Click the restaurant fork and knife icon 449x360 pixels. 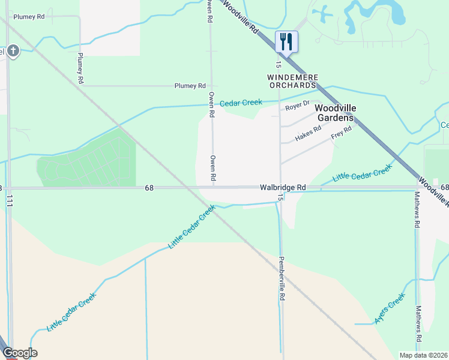tap(286, 41)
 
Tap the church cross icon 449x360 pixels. tap(13, 51)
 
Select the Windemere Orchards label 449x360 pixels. tap(292, 82)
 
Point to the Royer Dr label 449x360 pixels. tap(297, 106)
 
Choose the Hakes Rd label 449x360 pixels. tap(308, 134)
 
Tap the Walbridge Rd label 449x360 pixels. tap(283, 188)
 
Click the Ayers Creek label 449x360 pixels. tap(390, 308)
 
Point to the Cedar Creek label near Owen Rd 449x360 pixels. tap(241, 103)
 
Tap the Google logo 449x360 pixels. tap(20, 353)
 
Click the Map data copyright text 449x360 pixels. tap(424, 355)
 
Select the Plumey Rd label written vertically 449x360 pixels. tap(80, 68)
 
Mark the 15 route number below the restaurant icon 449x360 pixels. tap(279, 64)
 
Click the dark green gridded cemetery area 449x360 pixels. tap(87, 161)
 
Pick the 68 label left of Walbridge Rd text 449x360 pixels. tap(149, 188)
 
